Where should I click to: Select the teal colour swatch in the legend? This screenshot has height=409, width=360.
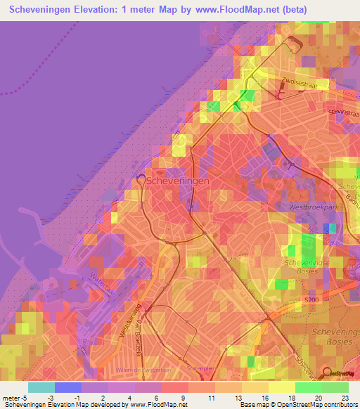(x=41, y=387)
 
